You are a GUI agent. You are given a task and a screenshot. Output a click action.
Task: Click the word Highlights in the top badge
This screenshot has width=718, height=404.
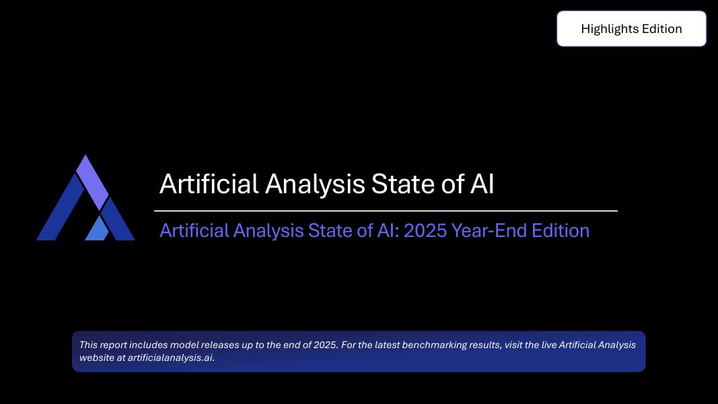point(610,29)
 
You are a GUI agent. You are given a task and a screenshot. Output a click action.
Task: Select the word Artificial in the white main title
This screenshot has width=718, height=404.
point(209,184)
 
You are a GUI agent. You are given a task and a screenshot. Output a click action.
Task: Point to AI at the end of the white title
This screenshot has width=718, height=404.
point(482,184)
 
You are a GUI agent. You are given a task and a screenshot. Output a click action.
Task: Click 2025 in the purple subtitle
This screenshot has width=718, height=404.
point(425,230)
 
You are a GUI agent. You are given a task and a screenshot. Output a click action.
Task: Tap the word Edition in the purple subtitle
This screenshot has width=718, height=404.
point(561,230)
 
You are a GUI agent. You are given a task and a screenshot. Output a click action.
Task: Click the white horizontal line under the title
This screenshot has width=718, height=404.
point(386,211)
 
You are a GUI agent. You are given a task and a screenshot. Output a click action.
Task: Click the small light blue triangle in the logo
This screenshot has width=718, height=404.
point(98,230)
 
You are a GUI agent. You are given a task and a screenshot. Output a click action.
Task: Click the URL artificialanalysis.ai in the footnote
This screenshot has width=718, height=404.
point(170,358)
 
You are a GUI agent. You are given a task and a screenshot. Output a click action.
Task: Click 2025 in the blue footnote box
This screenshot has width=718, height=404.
point(324,345)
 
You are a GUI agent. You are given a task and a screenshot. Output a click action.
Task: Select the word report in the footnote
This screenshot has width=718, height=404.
point(114,345)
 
